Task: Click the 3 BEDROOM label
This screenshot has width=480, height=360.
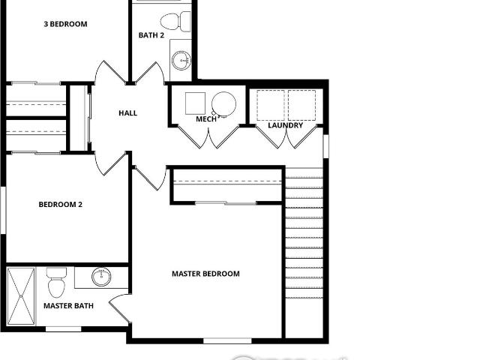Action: pos(65,24)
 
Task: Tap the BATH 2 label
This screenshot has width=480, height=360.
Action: pos(151,35)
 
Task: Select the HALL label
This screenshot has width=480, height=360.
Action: pos(128,113)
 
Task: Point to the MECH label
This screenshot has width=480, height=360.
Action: pos(206,118)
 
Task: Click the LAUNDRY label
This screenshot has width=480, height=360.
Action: pos(285,125)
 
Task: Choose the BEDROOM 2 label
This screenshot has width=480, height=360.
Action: pos(61,204)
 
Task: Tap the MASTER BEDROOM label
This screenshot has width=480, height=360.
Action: pos(205,273)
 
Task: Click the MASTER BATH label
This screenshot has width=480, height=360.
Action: pos(68,305)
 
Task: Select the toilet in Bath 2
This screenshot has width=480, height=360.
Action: pos(175,21)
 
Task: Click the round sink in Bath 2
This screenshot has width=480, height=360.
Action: pos(181,60)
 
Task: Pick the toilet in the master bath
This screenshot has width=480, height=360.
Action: pos(57,283)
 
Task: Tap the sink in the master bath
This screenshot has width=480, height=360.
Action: pos(101,277)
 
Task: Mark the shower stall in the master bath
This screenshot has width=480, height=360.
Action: pos(21,296)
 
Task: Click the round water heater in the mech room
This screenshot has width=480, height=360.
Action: pos(223,103)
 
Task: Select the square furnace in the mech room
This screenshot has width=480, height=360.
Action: pos(195,103)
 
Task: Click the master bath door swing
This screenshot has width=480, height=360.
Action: pos(119,307)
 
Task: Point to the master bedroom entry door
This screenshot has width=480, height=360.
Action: pos(151,178)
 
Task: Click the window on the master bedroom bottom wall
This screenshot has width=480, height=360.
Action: pos(227,340)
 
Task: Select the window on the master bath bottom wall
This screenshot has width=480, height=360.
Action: pos(63,329)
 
